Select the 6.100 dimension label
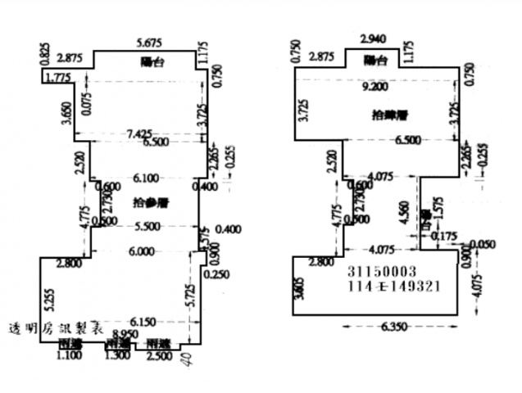click(148, 178)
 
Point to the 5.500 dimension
click(148, 226)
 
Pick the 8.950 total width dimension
click(125, 334)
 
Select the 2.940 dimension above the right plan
click(374, 38)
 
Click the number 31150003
click(382, 271)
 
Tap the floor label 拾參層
click(148, 201)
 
